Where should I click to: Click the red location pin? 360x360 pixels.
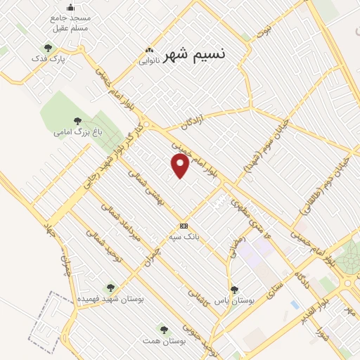coord(181,165)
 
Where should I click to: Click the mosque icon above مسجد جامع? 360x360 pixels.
coord(70,8)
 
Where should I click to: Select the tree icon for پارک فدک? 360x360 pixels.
coord(48,49)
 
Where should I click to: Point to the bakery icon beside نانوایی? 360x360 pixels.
coord(148,51)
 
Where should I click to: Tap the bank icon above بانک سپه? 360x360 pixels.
coord(184,226)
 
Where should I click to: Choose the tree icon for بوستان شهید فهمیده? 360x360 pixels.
coord(110,288)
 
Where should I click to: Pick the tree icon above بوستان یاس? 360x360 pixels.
coord(234,290)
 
